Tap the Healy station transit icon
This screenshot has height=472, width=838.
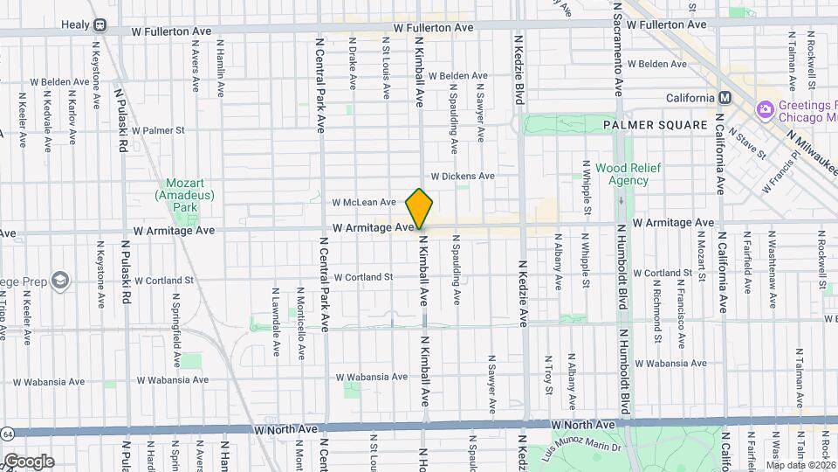[100, 25]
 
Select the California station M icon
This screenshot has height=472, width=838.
[724, 98]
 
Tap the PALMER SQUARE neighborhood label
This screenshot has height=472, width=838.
[655, 125]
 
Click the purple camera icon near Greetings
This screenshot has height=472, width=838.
[765, 108]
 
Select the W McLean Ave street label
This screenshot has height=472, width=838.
[364, 202]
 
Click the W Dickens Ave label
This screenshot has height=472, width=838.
[462, 176]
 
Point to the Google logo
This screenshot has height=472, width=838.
[28, 462]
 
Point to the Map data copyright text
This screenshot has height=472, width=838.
[800, 465]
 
